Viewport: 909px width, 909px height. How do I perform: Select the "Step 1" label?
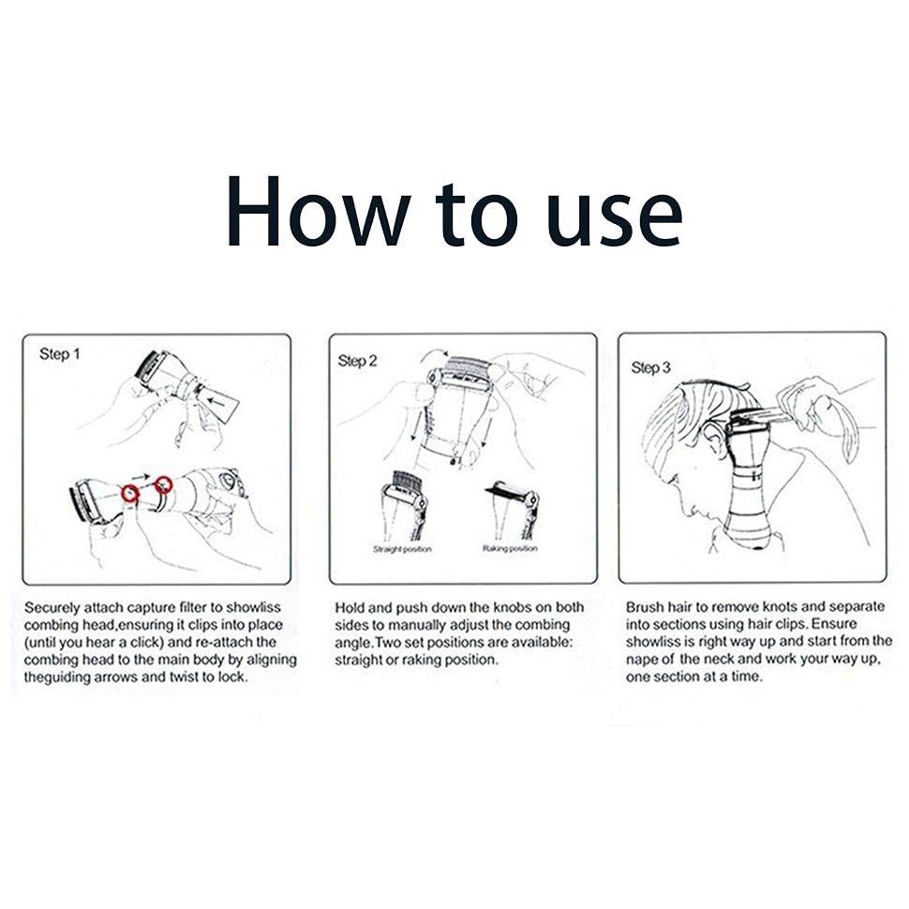(60, 353)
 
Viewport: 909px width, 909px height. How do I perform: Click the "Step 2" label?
(357, 361)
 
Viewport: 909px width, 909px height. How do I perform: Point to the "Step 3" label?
(650, 367)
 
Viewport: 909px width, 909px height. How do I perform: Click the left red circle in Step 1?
(130, 492)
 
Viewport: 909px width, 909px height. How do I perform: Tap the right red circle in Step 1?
(164, 484)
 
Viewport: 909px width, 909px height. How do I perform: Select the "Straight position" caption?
(402, 549)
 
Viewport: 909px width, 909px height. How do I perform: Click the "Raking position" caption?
(510, 548)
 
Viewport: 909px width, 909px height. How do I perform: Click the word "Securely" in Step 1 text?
(52, 608)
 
